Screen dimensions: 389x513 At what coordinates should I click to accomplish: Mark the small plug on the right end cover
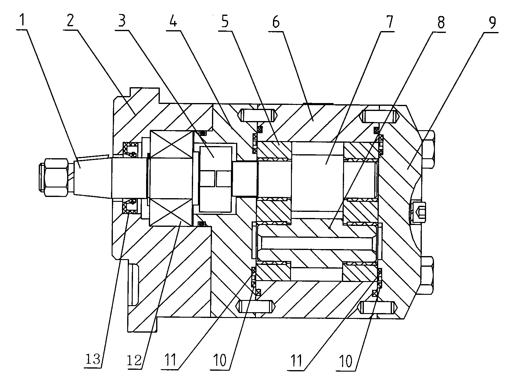pos(417,211)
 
